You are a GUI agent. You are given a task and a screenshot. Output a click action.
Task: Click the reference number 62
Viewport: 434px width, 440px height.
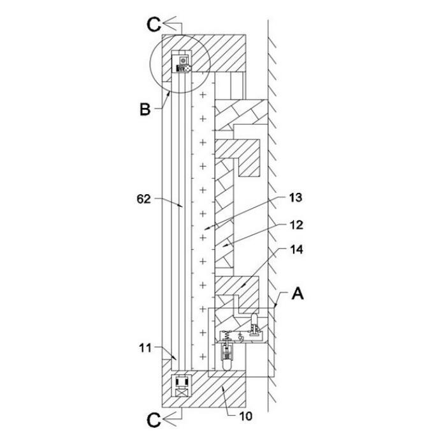tap(143, 199)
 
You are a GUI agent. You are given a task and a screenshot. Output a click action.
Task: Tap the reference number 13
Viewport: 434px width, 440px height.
tap(296, 198)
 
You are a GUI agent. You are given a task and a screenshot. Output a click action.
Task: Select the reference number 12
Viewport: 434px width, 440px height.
tap(296, 225)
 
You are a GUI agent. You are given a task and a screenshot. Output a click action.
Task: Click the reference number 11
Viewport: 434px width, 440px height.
tap(145, 348)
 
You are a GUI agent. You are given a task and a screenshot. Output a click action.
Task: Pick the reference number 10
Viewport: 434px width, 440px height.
tap(245, 416)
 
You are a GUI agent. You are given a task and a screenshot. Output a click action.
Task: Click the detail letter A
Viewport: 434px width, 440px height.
tap(298, 294)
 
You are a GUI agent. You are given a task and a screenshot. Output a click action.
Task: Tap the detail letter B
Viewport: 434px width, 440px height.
tap(145, 109)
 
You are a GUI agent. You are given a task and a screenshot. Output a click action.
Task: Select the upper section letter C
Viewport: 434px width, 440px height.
tap(154, 24)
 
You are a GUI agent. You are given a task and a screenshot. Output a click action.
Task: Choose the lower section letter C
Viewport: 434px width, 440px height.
tap(154, 420)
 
